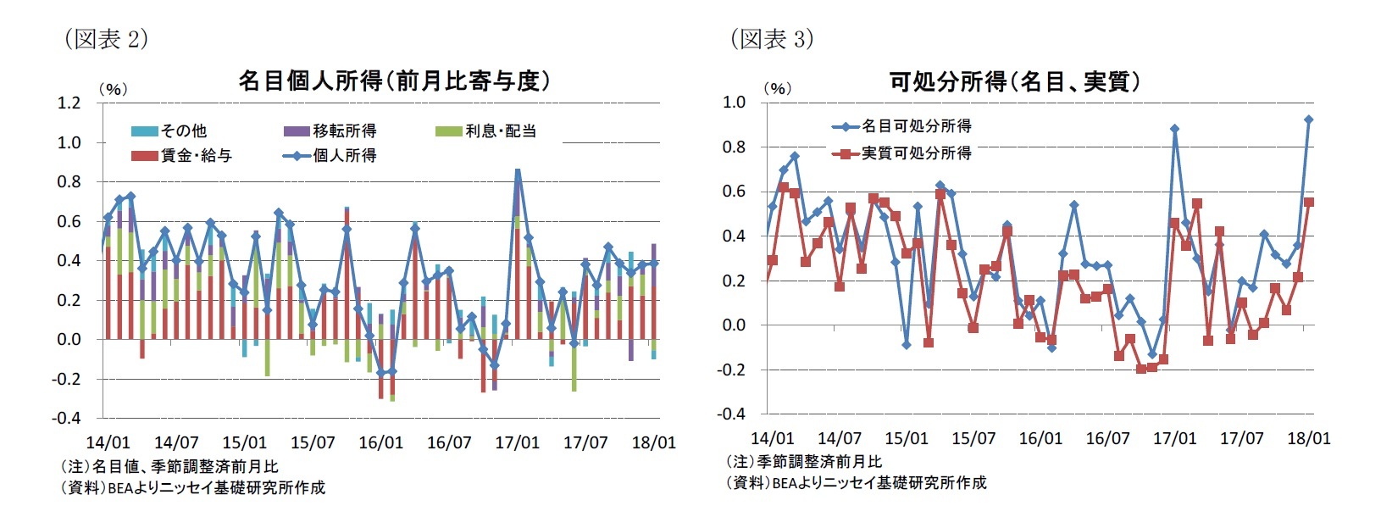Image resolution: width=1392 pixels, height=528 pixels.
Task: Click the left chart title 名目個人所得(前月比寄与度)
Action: point(394,81)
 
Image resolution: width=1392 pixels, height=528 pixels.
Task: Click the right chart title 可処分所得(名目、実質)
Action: point(1014,81)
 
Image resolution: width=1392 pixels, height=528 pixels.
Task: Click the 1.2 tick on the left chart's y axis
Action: point(69,103)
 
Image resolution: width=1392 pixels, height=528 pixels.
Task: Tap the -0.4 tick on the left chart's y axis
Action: point(66,418)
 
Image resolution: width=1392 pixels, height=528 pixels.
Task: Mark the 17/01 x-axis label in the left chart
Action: point(517,442)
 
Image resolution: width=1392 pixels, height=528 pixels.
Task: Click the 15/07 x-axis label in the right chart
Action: point(973,438)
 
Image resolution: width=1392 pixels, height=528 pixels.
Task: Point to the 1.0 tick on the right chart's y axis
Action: point(734,102)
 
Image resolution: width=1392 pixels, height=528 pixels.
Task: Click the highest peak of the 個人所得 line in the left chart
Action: point(518,172)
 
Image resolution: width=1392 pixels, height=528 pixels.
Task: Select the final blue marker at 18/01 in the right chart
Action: point(1309,119)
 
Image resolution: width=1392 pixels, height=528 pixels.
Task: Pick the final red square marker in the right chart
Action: point(1309,202)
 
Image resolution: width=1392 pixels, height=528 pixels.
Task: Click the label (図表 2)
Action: point(106,39)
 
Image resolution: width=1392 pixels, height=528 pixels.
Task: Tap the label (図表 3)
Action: point(772,39)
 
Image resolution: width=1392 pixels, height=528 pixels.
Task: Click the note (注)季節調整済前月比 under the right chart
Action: point(804,462)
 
